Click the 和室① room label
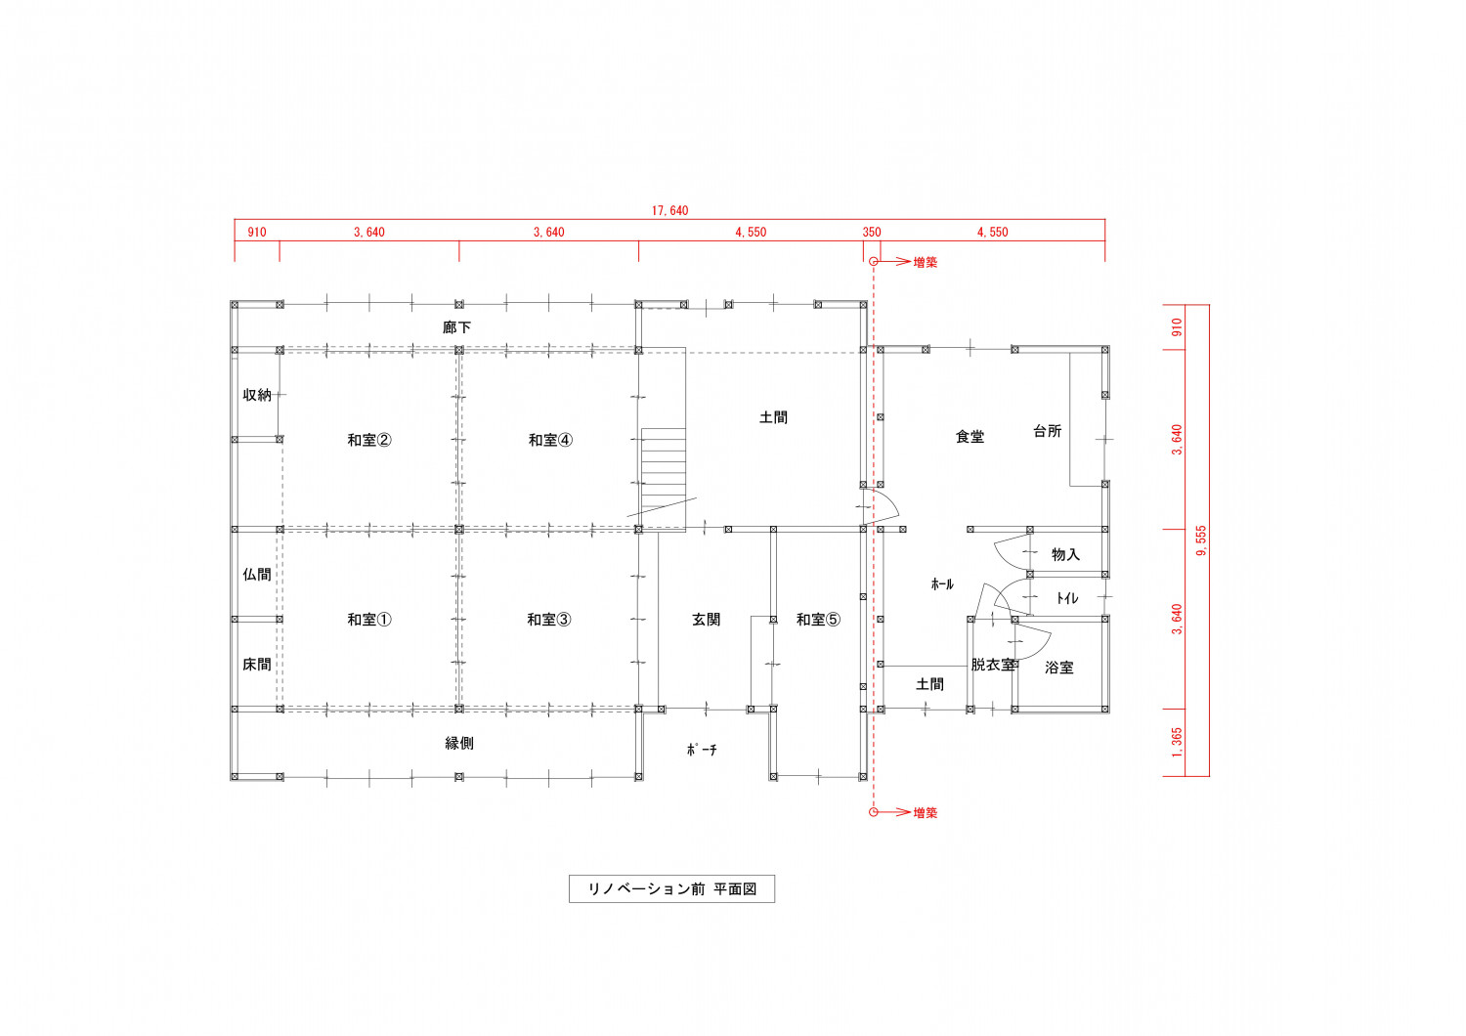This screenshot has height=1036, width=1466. click(369, 619)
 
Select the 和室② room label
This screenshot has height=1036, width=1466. click(369, 440)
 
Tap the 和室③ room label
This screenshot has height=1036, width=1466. click(549, 619)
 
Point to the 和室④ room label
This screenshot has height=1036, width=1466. click(550, 440)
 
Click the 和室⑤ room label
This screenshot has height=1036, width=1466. click(818, 619)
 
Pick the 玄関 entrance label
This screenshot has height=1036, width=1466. click(707, 619)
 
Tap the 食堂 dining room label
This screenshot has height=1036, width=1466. click(970, 437)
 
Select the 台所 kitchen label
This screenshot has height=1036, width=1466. click(1047, 431)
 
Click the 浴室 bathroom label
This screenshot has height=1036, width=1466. click(1058, 668)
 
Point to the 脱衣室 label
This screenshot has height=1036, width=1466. click(993, 665)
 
